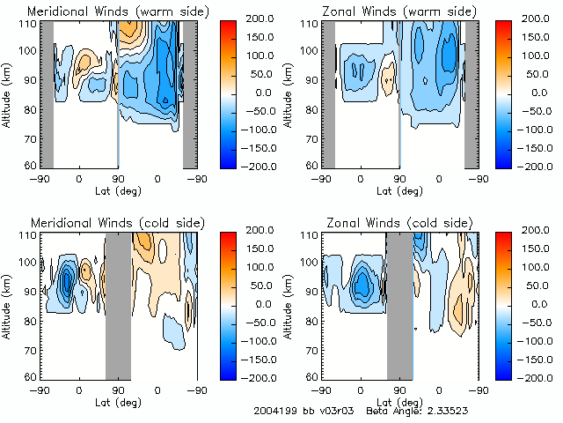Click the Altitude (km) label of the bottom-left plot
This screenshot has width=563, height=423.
8,304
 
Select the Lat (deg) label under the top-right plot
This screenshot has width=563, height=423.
400,191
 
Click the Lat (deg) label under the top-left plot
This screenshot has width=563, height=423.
119,191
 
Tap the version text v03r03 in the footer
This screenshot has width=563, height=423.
335,412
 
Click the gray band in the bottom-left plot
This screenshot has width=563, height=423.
118,306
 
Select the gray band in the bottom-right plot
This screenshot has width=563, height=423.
400,306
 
